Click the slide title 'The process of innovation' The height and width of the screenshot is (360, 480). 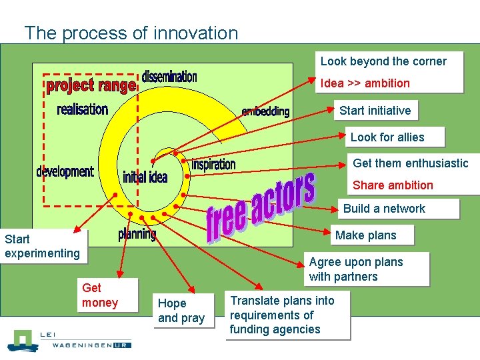(x=131, y=33)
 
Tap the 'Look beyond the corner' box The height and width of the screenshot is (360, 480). (x=383, y=61)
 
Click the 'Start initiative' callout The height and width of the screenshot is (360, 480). (x=375, y=111)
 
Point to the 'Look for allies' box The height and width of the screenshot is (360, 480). (x=387, y=137)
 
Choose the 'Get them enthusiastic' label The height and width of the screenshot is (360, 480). (x=410, y=163)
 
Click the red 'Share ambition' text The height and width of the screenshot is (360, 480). (x=393, y=185)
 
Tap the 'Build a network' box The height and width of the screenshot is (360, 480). (x=384, y=209)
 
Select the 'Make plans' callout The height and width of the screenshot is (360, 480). (x=365, y=235)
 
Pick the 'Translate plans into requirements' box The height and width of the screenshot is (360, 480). (x=283, y=315)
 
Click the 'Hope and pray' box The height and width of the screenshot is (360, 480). (x=181, y=311)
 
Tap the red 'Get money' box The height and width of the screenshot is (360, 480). (x=100, y=295)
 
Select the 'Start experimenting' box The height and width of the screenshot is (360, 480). (x=42, y=245)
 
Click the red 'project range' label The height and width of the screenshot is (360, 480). (x=91, y=86)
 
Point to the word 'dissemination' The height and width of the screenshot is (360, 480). (x=169, y=77)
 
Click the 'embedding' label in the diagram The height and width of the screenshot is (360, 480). (x=265, y=111)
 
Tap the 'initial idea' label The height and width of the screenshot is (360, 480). (x=145, y=177)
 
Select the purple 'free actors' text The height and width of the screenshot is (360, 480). (x=260, y=207)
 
